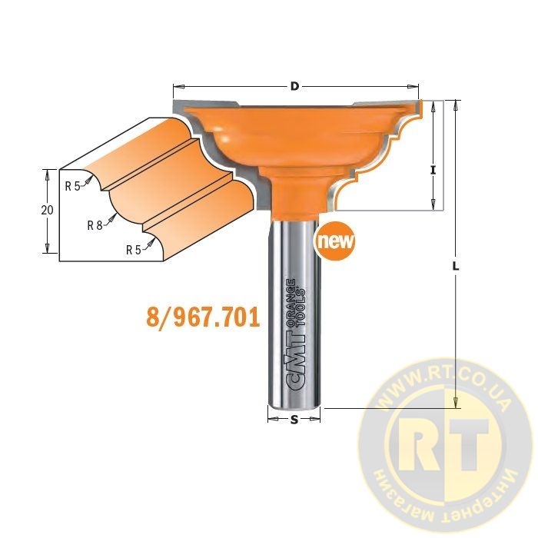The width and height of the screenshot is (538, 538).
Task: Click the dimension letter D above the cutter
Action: click(x=294, y=86)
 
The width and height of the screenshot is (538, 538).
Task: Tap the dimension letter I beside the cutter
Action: click(x=433, y=170)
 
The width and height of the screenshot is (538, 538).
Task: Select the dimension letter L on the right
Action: click(x=456, y=266)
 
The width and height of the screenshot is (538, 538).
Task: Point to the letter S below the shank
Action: click(x=294, y=420)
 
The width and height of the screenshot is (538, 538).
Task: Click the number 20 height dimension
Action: click(x=48, y=210)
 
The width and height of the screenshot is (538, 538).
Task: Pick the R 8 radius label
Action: click(x=95, y=225)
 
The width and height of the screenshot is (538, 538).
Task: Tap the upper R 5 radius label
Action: click(x=72, y=186)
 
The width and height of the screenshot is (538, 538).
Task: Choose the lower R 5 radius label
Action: click(x=134, y=250)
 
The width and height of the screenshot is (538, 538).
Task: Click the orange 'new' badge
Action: click(x=335, y=241)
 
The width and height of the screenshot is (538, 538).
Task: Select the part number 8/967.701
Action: click(x=203, y=317)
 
